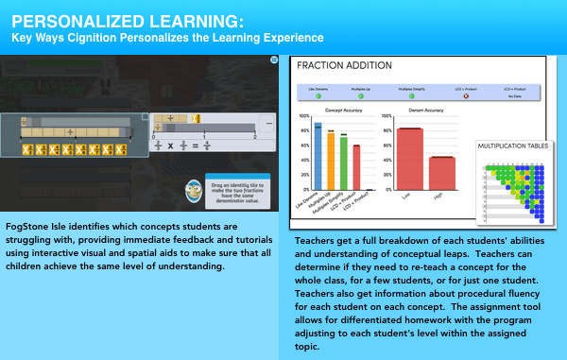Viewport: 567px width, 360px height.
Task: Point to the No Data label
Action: pyautogui.click(x=515, y=96)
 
